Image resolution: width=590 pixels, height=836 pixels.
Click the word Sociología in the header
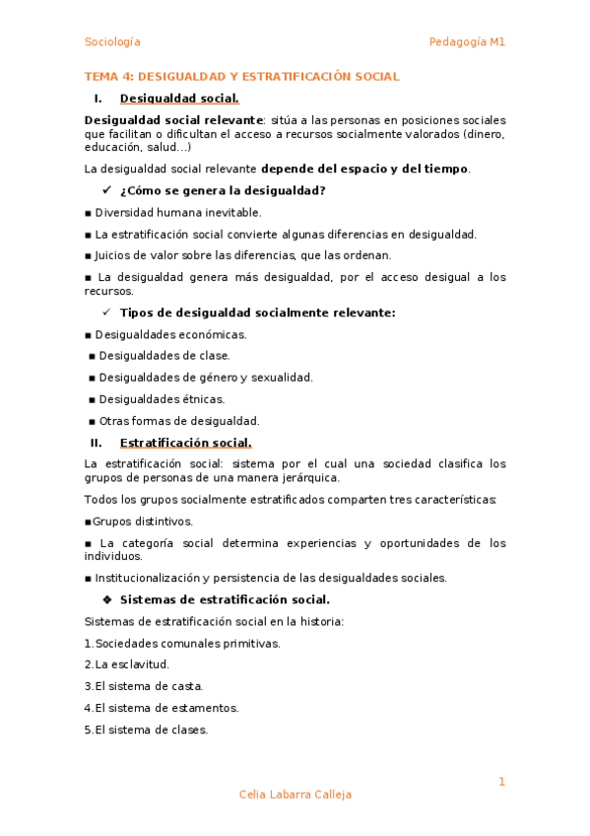click(112, 41)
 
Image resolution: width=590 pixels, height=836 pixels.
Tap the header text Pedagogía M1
click(467, 41)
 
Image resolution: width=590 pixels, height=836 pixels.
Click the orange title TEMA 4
click(241, 76)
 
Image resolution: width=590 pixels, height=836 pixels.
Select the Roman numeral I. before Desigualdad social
click(98, 98)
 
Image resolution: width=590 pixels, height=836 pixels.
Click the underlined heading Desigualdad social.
click(178, 98)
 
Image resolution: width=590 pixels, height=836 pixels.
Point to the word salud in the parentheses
click(160, 147)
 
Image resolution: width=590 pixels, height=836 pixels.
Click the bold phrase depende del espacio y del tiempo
click(364, 169)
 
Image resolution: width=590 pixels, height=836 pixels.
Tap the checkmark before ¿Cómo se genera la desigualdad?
click(107, 190)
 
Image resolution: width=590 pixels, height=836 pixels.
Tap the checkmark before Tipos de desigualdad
click(107, 313)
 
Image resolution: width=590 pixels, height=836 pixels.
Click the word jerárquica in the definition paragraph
click(309, 477)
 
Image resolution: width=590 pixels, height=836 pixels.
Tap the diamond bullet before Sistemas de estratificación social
click(107, 599)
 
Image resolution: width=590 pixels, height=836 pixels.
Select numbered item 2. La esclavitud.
click(126, 664)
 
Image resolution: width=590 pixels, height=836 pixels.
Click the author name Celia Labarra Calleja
click(295, 795)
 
